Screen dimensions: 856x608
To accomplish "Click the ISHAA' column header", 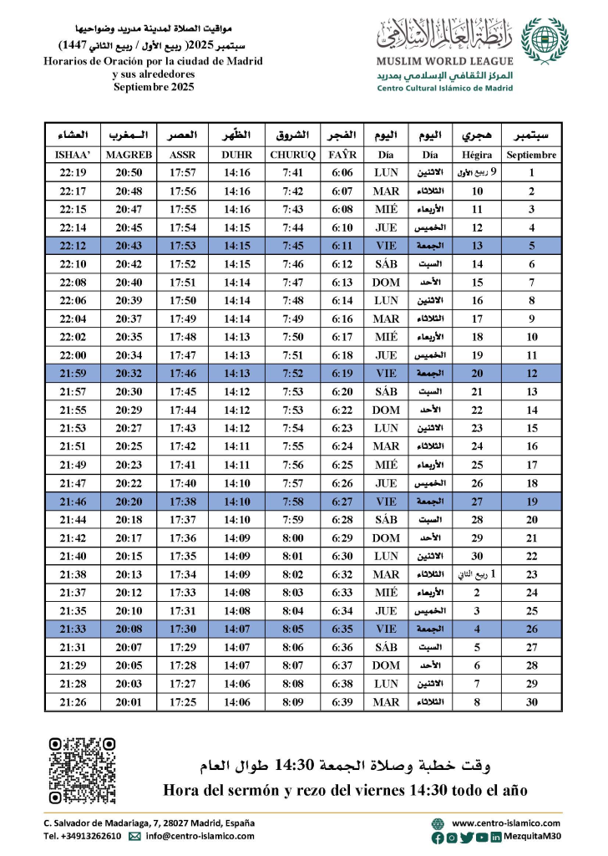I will pyautogui.click(x=74, y=155).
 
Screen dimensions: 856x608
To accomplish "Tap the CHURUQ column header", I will pyautogui.click(x=292, y=155).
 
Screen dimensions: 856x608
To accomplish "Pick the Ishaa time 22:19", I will pyautogui.click(x=74, y=173).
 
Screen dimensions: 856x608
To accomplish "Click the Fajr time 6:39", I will pyautogui.click(x=342, y=702).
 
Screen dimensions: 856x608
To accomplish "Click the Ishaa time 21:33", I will pyautogui.click(x=74, y=629).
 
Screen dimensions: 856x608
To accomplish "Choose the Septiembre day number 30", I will pyautogui.click(x=532, y=702).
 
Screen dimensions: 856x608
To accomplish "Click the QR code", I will pyautogui.click(x=82, y=770).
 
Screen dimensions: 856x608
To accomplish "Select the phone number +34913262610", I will pyautogui.click(x=83, y=835).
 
